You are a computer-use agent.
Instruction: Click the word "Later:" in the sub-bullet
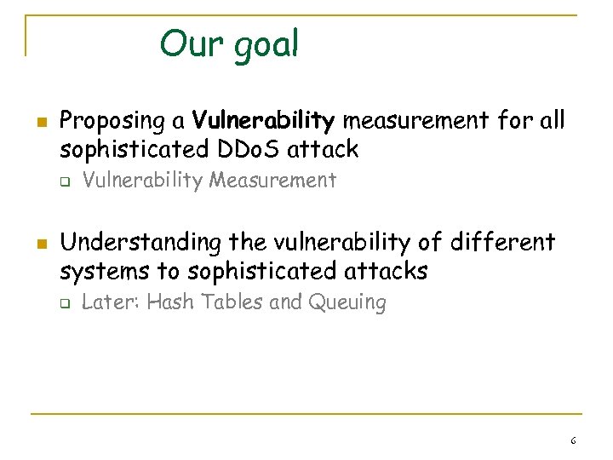(110, 302)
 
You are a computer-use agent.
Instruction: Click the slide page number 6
(573, 441)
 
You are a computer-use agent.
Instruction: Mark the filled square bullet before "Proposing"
(34, 121)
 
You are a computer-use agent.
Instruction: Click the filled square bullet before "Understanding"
(34, 244)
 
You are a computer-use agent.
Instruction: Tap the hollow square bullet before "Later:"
(62, 303)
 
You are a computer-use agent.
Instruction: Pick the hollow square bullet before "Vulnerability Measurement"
(62, 181)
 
